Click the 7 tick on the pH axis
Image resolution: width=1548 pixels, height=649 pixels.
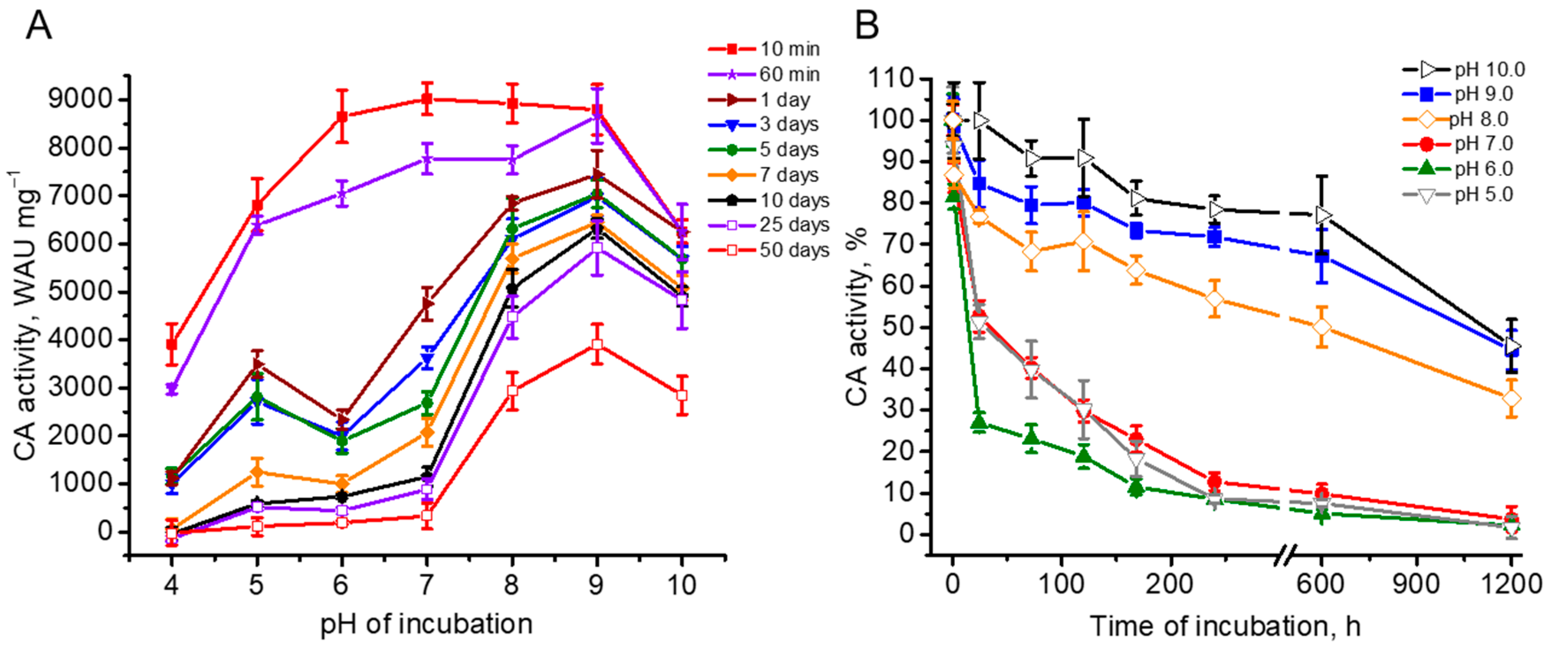(x=426, y=584)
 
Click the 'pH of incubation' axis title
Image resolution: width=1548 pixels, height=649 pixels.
(x=426, y=624)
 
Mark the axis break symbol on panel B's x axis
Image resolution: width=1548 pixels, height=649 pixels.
(x=1285, y=554)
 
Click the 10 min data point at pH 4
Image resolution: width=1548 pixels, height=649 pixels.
(x=172, y=344)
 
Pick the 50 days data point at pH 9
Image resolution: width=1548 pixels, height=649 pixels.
(x=597, y=344)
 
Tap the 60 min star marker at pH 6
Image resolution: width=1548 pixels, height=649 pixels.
(x=342, y=194)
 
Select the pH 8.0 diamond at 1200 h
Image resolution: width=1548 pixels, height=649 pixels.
(x=1511, y=399)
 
